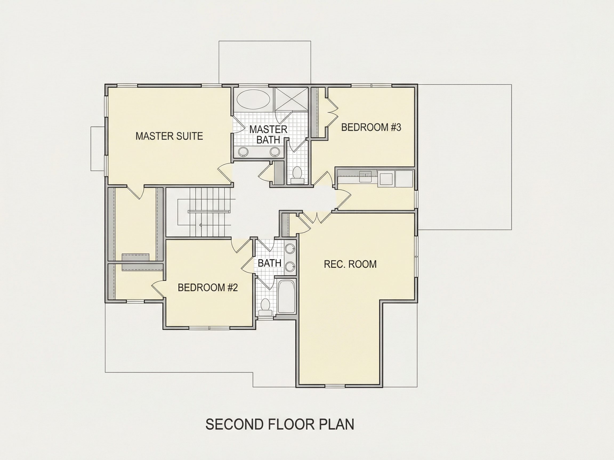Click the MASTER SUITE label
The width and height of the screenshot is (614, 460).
coord(169,136)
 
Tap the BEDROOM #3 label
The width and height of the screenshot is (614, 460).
coord(371,127)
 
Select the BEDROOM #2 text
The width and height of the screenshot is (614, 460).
coord(208,287)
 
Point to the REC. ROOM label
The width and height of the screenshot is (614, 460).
coord(350,264)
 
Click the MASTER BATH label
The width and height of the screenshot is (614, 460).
coord(268,134)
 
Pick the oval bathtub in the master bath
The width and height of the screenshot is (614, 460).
coord(253,100)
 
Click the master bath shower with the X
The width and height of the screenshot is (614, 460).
coord(291,99)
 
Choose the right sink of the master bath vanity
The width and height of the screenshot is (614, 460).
coord(275,151)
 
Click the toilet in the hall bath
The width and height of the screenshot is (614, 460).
coord(265,307)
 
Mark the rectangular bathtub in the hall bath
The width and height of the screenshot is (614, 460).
coord(286,297)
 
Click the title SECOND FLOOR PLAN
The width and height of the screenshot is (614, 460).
coord(280,424)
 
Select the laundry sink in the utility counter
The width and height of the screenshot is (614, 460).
coord(365,176)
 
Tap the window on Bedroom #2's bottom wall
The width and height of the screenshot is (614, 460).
coord(209,328)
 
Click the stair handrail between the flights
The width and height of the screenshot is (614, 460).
coord(209,212)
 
